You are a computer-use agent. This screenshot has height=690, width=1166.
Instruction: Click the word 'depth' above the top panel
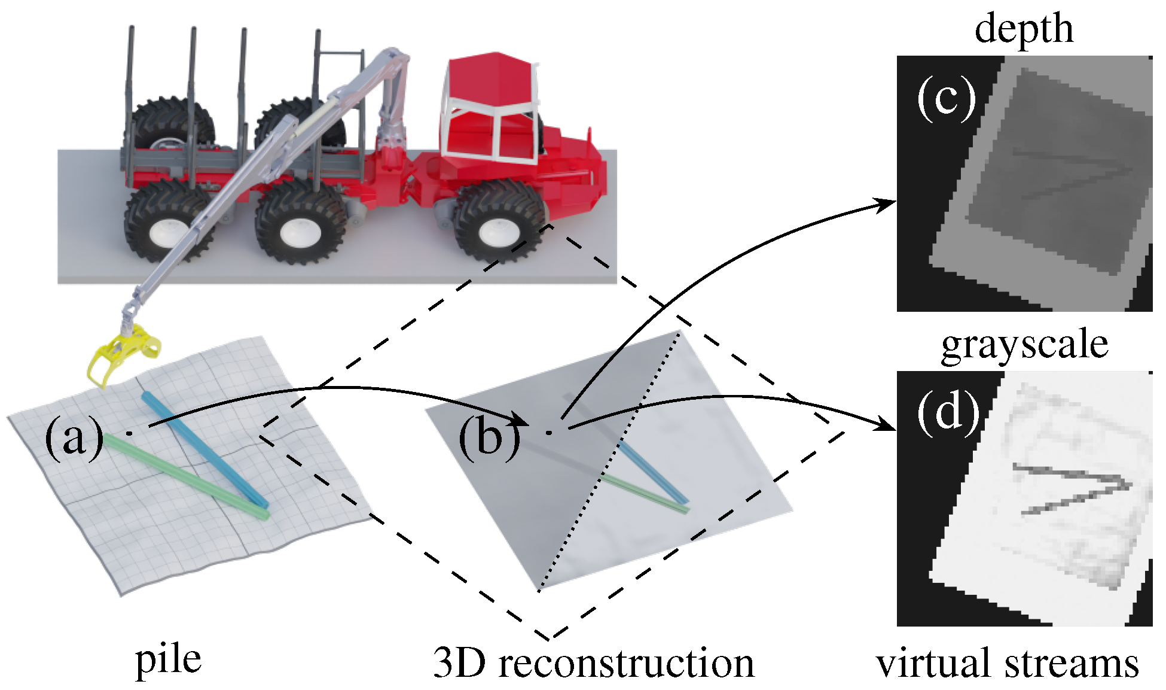pyautogui.click(x=1023, y=29)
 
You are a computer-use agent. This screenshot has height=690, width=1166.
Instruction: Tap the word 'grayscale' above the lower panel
pyautogui.click(x=1024, y=345)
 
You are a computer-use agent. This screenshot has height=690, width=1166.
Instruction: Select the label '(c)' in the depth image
pyautogui.click(x=946, y=98)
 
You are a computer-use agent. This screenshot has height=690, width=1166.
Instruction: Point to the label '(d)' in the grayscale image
pyautogui.click(x=948, y=413)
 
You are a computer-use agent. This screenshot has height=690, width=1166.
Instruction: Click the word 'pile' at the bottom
pyautogui.click(x=168, y=660)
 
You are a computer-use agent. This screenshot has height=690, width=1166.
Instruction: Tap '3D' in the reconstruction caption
pyautogui.click(x=459, y=663)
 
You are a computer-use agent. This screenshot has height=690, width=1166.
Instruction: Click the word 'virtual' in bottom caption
pyautogui.click(x=933, y=663)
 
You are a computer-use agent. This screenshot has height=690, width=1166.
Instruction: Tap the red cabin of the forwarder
pyautogui.click(x=490, y=108)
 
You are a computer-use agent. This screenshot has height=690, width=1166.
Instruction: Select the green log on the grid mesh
pyautogui.click(x=185, y=476)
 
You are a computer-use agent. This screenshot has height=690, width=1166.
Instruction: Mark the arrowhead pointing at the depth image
pyautogui.click(x=887, y=205)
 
